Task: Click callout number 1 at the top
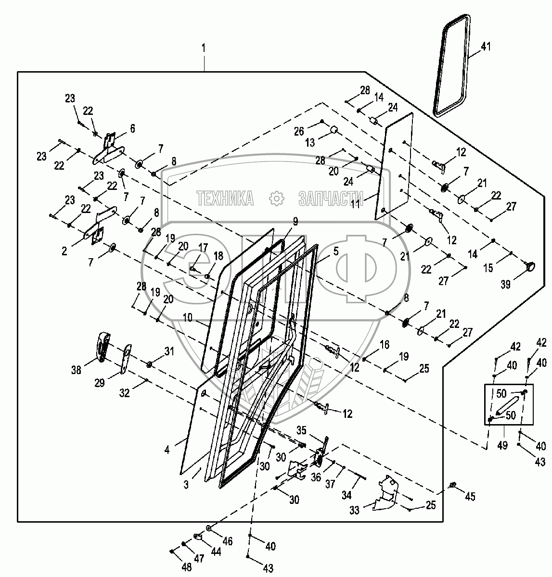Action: click(x=204, y=48)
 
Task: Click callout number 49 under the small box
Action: click(x=503, y=446)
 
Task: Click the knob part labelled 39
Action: click(x=530, y=265)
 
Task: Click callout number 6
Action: click(x=132, y=128)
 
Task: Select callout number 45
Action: click(x=470, y=497)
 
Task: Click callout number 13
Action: click(x=310, y=142)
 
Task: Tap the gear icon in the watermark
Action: click(x=276, y=197)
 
